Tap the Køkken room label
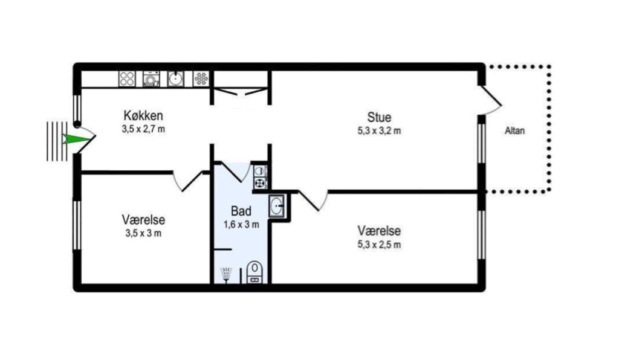pyautogui.click(x=143, y=115)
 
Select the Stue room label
pyautogui.click(x=379, y=117)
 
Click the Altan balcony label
pyautogui.click(x=515, y=130)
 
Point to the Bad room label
pyautogui.click(x=241, y=211)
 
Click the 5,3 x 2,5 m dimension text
pyautogui.click(x=379, y=245)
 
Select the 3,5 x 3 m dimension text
pyautogui.click(x=143, y=233)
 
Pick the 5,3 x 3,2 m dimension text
pyautogui.click(x=379, y=131)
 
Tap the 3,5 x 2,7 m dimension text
pyautogui.click(x=143, y=129)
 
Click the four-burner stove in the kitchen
pyautogui.click(x=127, y=79)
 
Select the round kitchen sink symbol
pyautogui.click(x=175, y=79)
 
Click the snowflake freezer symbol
pyautogui.click(x=201, y=79)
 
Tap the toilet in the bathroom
pyautogui.click(x=254, y=272)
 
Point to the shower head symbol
pyautogui.click(x=226, y=274)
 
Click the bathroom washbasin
pyautogui.click(x=277, y=205)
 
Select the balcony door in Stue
pyautogui.click(x=491, y=100)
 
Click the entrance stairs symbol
pyautogui.click(x=57, y=141)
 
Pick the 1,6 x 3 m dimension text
pyautogui.click(x=241, y=225)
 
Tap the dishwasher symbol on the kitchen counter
pyautogui.click(x=151, y=79)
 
